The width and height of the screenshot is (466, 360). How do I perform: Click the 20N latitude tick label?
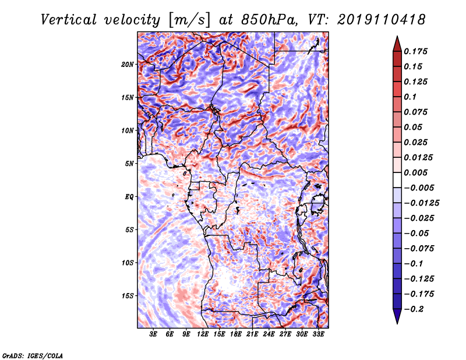point(128,65)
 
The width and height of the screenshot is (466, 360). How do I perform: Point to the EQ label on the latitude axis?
point(129,197)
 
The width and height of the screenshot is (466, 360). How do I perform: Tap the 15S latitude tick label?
point(128,296)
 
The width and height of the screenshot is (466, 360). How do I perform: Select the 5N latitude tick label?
point(129,164)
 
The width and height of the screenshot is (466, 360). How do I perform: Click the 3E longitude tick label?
point(153,334)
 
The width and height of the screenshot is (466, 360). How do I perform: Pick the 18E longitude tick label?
point(236,334)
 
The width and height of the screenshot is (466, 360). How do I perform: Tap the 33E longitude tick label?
point(318,334)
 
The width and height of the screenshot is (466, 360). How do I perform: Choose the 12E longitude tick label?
point(203,334)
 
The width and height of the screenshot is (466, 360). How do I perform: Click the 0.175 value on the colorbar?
point(415,51)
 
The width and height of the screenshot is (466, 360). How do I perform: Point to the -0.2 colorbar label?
point(414,309)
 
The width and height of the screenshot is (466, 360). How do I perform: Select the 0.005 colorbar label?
point(415,172)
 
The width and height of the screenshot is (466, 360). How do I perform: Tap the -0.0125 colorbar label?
point(421,203)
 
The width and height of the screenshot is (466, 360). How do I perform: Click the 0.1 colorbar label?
point(410,97)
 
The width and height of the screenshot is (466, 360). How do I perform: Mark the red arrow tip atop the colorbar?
point(397,37)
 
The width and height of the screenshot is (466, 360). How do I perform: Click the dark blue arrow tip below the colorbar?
point(397,323)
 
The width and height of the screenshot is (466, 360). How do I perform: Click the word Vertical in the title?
point(69,20)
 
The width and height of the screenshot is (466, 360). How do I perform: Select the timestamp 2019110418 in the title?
point(382,20)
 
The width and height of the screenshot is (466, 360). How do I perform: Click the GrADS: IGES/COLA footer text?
point(33,355)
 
